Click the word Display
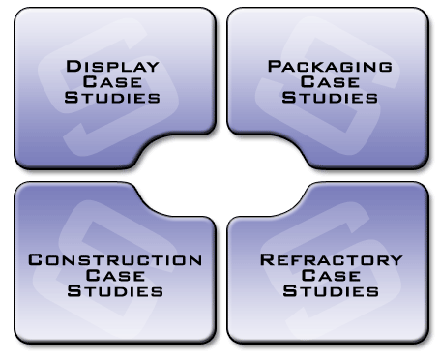[x=112, y=66]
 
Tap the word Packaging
[x=330, y=66]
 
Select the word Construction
[x=115, y=259]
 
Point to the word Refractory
[x=332, y=259]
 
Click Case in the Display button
[x=112, y=81]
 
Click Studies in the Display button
[x=112, y=97]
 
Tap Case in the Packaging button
[x=330, y=81]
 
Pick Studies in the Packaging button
[x=330, y=97]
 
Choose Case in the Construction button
[x=115, y=275]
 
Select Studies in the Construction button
[x=115, y=290]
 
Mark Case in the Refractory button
[x=331, y=275]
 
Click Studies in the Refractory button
[x=331, y=290]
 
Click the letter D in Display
[x=73, y=66]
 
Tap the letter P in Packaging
[x=275, y=66]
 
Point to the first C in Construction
[x=35, y=259]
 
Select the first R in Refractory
[x=267, y=259]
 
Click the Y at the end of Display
[x=153, y=68]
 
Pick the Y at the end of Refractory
[x=396, y=261]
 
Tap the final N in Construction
[x=196, y=261]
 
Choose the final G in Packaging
[x=386, y=68]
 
